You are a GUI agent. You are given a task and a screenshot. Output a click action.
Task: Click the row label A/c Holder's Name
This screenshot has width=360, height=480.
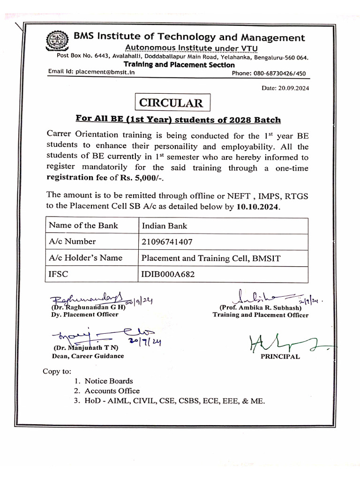(85, 258)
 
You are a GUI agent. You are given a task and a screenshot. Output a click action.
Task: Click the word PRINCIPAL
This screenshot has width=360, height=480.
(280, 357)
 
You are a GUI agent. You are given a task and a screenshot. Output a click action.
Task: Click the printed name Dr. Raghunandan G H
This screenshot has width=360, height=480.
(90, 307)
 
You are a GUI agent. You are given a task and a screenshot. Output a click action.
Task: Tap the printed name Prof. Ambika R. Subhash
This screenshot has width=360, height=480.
(261, 307)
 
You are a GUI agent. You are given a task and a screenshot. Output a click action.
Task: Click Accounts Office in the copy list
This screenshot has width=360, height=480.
(112, 391)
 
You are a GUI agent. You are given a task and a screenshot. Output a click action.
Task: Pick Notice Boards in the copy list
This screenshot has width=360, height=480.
(109, 381)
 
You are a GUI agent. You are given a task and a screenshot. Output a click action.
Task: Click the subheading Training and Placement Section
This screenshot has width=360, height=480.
(179, 65)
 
